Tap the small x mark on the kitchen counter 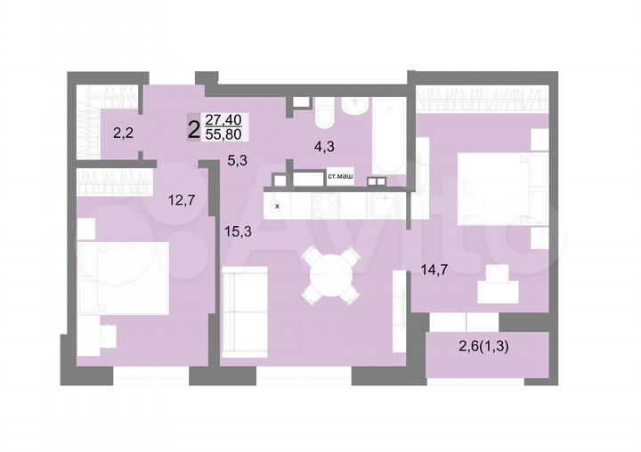pos(277,206)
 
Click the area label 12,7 pos(182,199)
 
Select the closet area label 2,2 pos(122,134)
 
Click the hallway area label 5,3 pos(238,161)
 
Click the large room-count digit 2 pos(193,128)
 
